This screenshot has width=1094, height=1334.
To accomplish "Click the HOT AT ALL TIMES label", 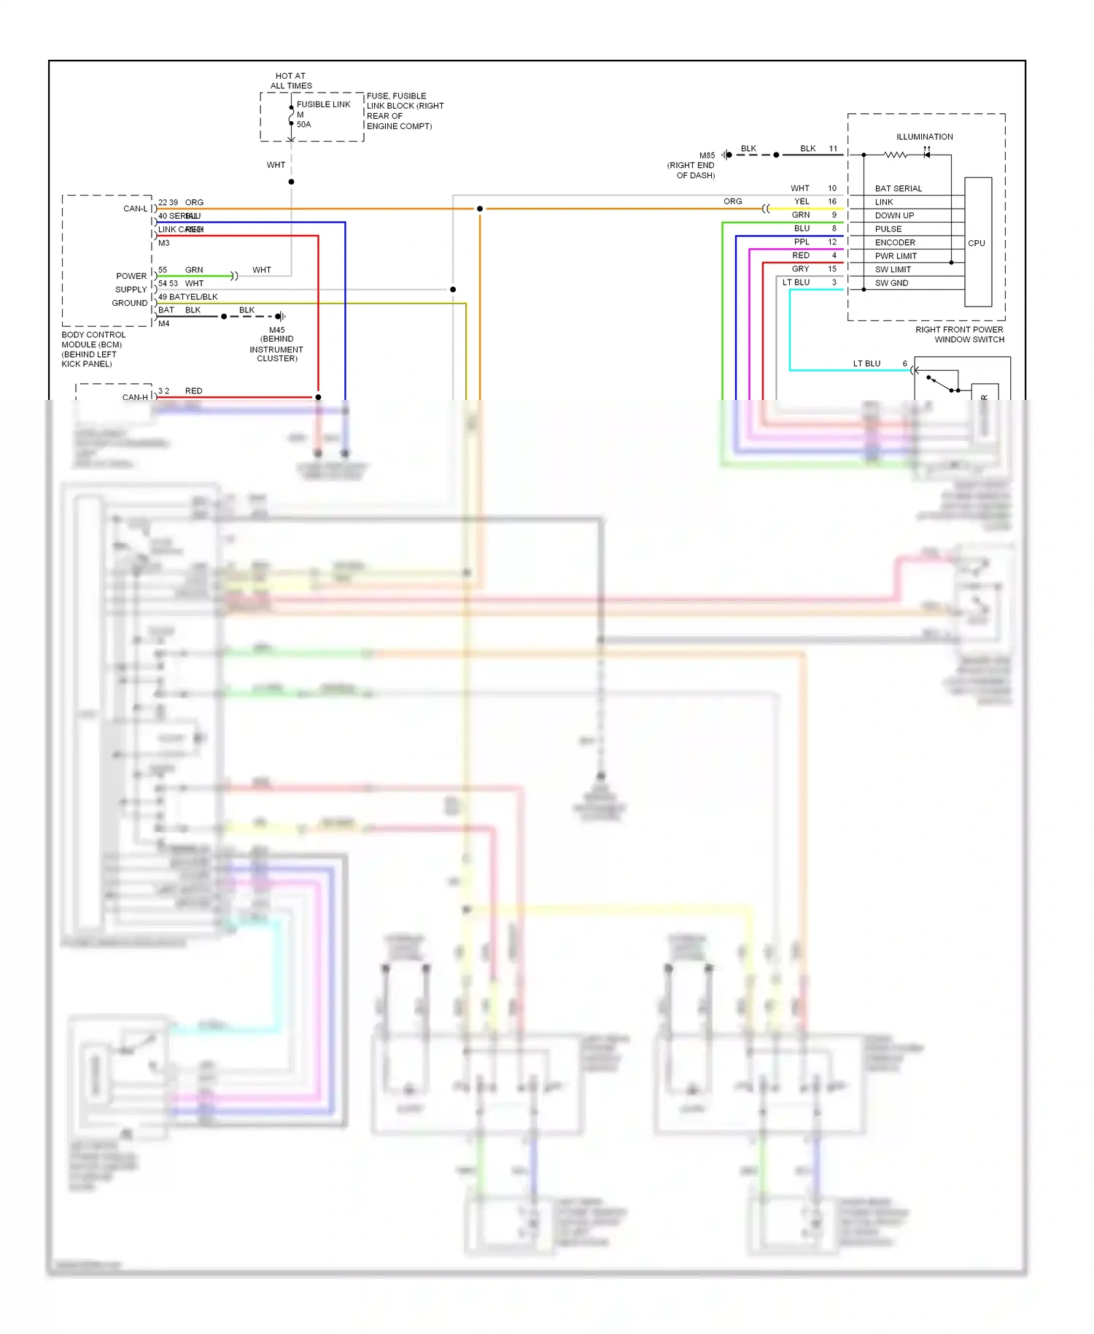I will tap(291, 81).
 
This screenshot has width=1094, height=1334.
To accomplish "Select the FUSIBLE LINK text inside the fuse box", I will tap(323, 104).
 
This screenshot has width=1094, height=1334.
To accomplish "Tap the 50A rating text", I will tap(303, 125).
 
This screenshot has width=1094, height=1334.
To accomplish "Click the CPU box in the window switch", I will tap(977, 243).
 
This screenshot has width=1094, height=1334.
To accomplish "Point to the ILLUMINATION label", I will tap(924, 137).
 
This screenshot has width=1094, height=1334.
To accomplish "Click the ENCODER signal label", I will tap(895, 243).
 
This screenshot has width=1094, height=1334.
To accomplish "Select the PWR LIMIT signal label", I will tap(896, 256).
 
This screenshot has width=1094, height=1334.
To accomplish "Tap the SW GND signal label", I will tap(891, 283).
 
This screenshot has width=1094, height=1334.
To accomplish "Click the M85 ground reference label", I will tap(707, 155).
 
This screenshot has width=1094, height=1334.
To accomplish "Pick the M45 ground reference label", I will tap(277, 331).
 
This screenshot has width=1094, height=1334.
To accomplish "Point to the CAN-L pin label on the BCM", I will tap(135, 209).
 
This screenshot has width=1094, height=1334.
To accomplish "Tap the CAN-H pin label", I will tap(135, 398).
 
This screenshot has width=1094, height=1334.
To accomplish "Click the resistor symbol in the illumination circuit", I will tap(895, 155).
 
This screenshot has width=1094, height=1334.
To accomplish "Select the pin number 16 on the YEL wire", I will tap(832, 201).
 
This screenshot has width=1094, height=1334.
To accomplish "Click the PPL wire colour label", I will tap(802, 242).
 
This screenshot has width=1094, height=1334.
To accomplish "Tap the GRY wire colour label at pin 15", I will tap(801, 269).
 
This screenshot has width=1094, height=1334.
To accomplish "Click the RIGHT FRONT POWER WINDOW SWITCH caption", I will tap(960, 335).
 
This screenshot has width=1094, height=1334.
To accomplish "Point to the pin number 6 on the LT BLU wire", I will tap(905, 363).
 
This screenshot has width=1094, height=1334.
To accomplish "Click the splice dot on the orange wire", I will tap(480, 209).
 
